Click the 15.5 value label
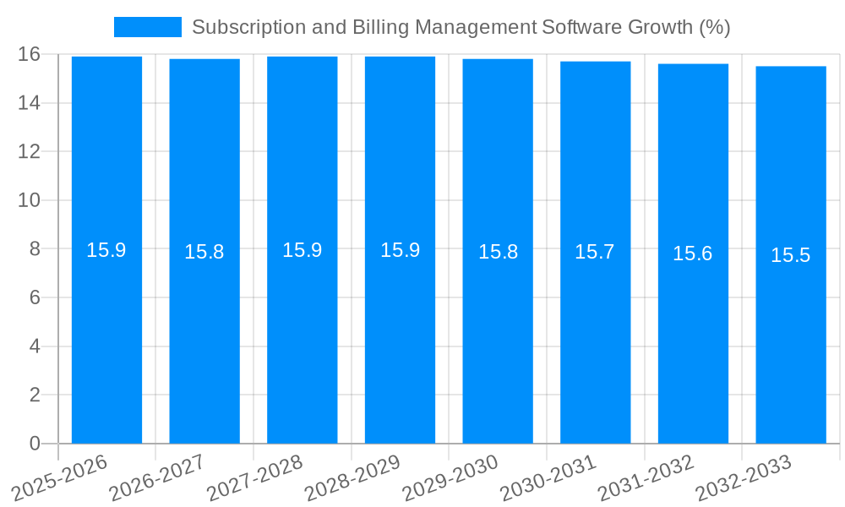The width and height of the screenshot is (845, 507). click(790, 255)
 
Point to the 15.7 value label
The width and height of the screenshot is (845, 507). click(595, 252)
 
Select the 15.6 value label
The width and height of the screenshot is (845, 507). click(693, 253)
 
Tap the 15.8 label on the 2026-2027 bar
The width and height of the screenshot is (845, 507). click(204, 252)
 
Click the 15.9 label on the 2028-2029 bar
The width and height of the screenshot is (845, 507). click(400, 250)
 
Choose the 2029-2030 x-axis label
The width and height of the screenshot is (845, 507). click(451, 477)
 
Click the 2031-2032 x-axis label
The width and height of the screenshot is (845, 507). click(646, 477)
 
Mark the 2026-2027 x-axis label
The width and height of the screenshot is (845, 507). click(158, 477)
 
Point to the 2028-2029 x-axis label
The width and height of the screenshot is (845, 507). click(353, 477)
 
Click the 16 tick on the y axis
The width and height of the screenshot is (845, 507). click(30, 54)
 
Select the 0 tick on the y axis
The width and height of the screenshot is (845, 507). click(35, 444)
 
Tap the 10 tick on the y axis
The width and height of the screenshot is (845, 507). click(30, 200)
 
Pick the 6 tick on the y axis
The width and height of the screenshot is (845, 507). click(35, 297)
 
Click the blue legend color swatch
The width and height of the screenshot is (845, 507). click(147, 27)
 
